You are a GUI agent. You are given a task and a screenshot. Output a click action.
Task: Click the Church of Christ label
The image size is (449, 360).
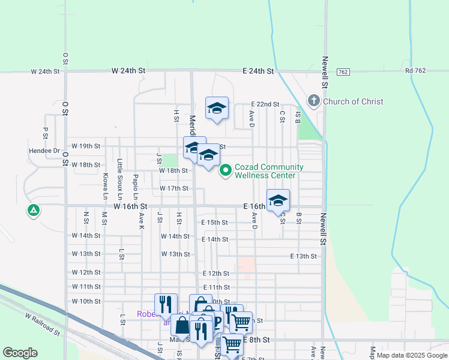point(353,101)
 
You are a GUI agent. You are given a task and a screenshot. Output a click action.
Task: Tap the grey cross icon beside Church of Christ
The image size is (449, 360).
point(314,101)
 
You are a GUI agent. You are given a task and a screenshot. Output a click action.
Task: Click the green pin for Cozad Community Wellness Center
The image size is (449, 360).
point(226,171)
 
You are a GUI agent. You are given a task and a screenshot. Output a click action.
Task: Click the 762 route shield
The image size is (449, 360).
point(343,72)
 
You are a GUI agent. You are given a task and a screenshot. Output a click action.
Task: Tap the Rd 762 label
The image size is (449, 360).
point(415,71)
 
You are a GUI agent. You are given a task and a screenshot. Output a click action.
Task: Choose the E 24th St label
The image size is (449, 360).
point(258,71)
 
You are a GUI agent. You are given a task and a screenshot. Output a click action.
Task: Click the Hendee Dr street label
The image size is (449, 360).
point(44,151)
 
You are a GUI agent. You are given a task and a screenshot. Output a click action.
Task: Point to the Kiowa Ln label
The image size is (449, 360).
point(105,187)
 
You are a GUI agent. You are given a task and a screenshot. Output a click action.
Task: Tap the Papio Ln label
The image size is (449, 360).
point(136,187)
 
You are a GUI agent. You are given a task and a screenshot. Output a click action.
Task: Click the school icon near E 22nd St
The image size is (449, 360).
point(217,108)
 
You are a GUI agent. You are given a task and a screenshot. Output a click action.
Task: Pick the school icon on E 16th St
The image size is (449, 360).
point(278,200)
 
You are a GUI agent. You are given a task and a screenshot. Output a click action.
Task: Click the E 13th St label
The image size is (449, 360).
point(303,256)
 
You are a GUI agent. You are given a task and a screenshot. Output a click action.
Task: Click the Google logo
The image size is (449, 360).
point(20,353)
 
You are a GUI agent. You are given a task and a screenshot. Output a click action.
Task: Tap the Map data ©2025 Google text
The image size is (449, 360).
point(411,355)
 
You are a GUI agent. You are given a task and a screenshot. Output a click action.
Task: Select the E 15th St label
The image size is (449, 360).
point(214,223)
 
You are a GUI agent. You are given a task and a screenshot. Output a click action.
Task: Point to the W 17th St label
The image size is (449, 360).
point(174,188)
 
